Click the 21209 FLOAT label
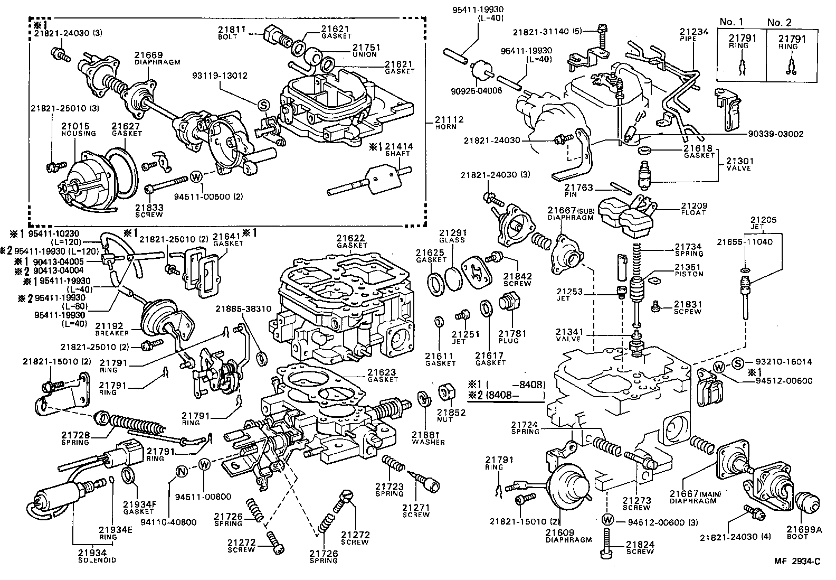(x=693, y=209)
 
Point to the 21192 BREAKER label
(x=112, y=330)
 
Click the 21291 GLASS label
(x=452, y=235)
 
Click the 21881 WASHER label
(x=427, y=438)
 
